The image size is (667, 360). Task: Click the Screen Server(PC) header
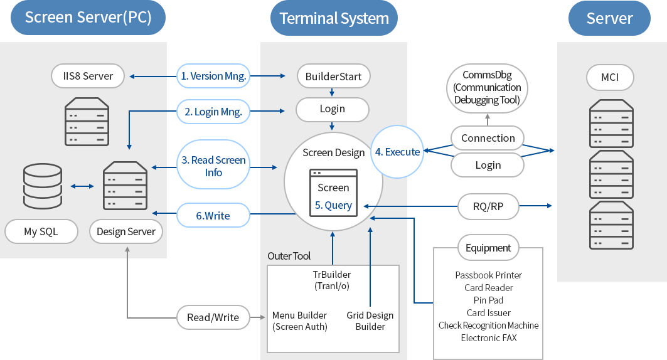pyautogui.click(x=88, y=18)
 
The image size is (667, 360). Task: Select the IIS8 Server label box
pyautogui.click(x=88, y=76)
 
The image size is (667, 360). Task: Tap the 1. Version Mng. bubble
pyautogui.click(x=213, y=76)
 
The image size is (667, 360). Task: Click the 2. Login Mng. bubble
pyautogui.click(x=213, y=112)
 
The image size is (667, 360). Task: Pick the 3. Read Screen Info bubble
pyautogui.click(x=213, y=166)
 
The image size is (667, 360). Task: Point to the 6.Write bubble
pyautogui.click(x=213, y=215)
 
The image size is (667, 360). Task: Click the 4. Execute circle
pyautogui.click(x=397, y=152)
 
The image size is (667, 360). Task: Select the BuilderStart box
pyautogui.click(x=333, y=77)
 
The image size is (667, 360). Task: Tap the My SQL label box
pyautogui.click(x=41, y=231)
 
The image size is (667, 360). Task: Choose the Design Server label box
pyautogui.click(x=126, y=231)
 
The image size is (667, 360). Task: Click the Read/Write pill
pyautogui.click(x=213, y=317)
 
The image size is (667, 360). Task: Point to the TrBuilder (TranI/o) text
pyautogui.click(x=332, y=280)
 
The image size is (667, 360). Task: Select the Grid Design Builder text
pyautogui.click(x=370, y=320)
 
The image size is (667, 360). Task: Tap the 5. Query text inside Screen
pyautogui.click(x=333, y=205)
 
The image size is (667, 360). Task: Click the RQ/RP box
pyautogui.click(x=488, y=205)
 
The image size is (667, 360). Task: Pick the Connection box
pyautogui.click(x=488, y=138)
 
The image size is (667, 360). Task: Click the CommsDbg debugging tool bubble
pyautogui.click(x=488, y=87)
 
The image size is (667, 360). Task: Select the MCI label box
pyautogui.click(x=610, y=78)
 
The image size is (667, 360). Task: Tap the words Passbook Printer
pyautogui.click(x=488, y=275)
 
